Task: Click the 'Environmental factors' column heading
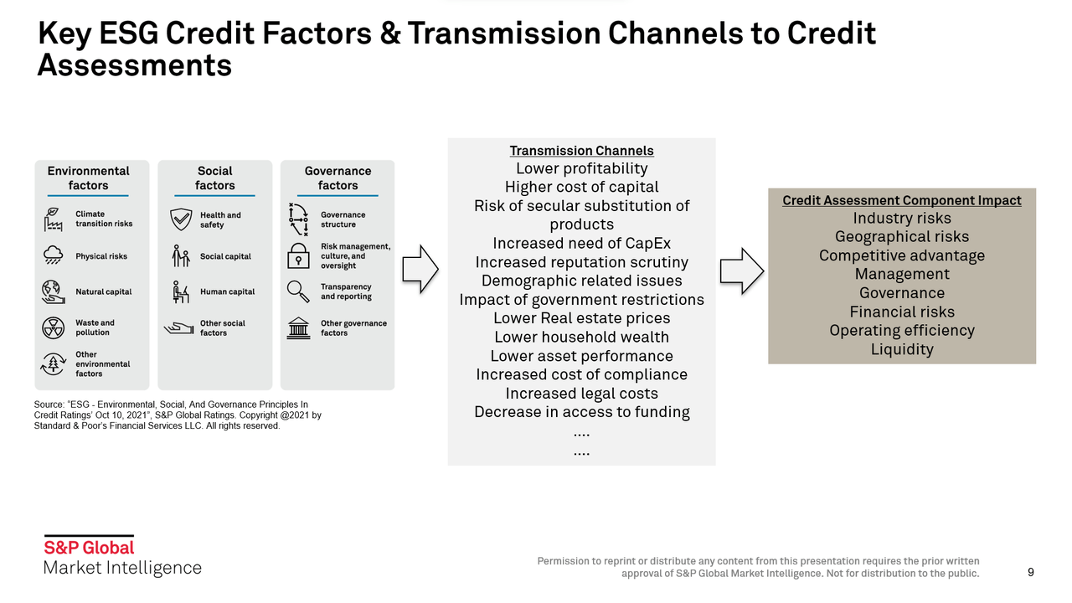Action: [x=88, y=178]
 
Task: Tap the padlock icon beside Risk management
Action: [x=297, y=255]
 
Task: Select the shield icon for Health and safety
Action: [x=180, y=219]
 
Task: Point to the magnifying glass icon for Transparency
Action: [x=297, y=291]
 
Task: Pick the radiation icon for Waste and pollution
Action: [x=53, y=327]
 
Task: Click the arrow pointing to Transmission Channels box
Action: [x=420, y=269]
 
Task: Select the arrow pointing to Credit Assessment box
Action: [x=742, y=270]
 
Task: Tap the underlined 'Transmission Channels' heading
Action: [x=581, y=151]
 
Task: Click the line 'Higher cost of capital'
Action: [x=581, y=187]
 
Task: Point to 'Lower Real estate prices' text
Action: [x=581, y=318]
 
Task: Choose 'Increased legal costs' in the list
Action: [x=581, y=394]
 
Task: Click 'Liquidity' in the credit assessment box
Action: [x=901, y=349]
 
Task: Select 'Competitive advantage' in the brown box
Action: [x=901, y=255]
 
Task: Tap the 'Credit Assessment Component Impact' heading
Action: [x=901, y=200]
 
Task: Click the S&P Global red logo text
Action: [x=89, y=548]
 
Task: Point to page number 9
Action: [x=1030, y=573]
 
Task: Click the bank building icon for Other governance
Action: [x=297, y=327]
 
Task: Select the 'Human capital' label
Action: [x=227, y=291]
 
